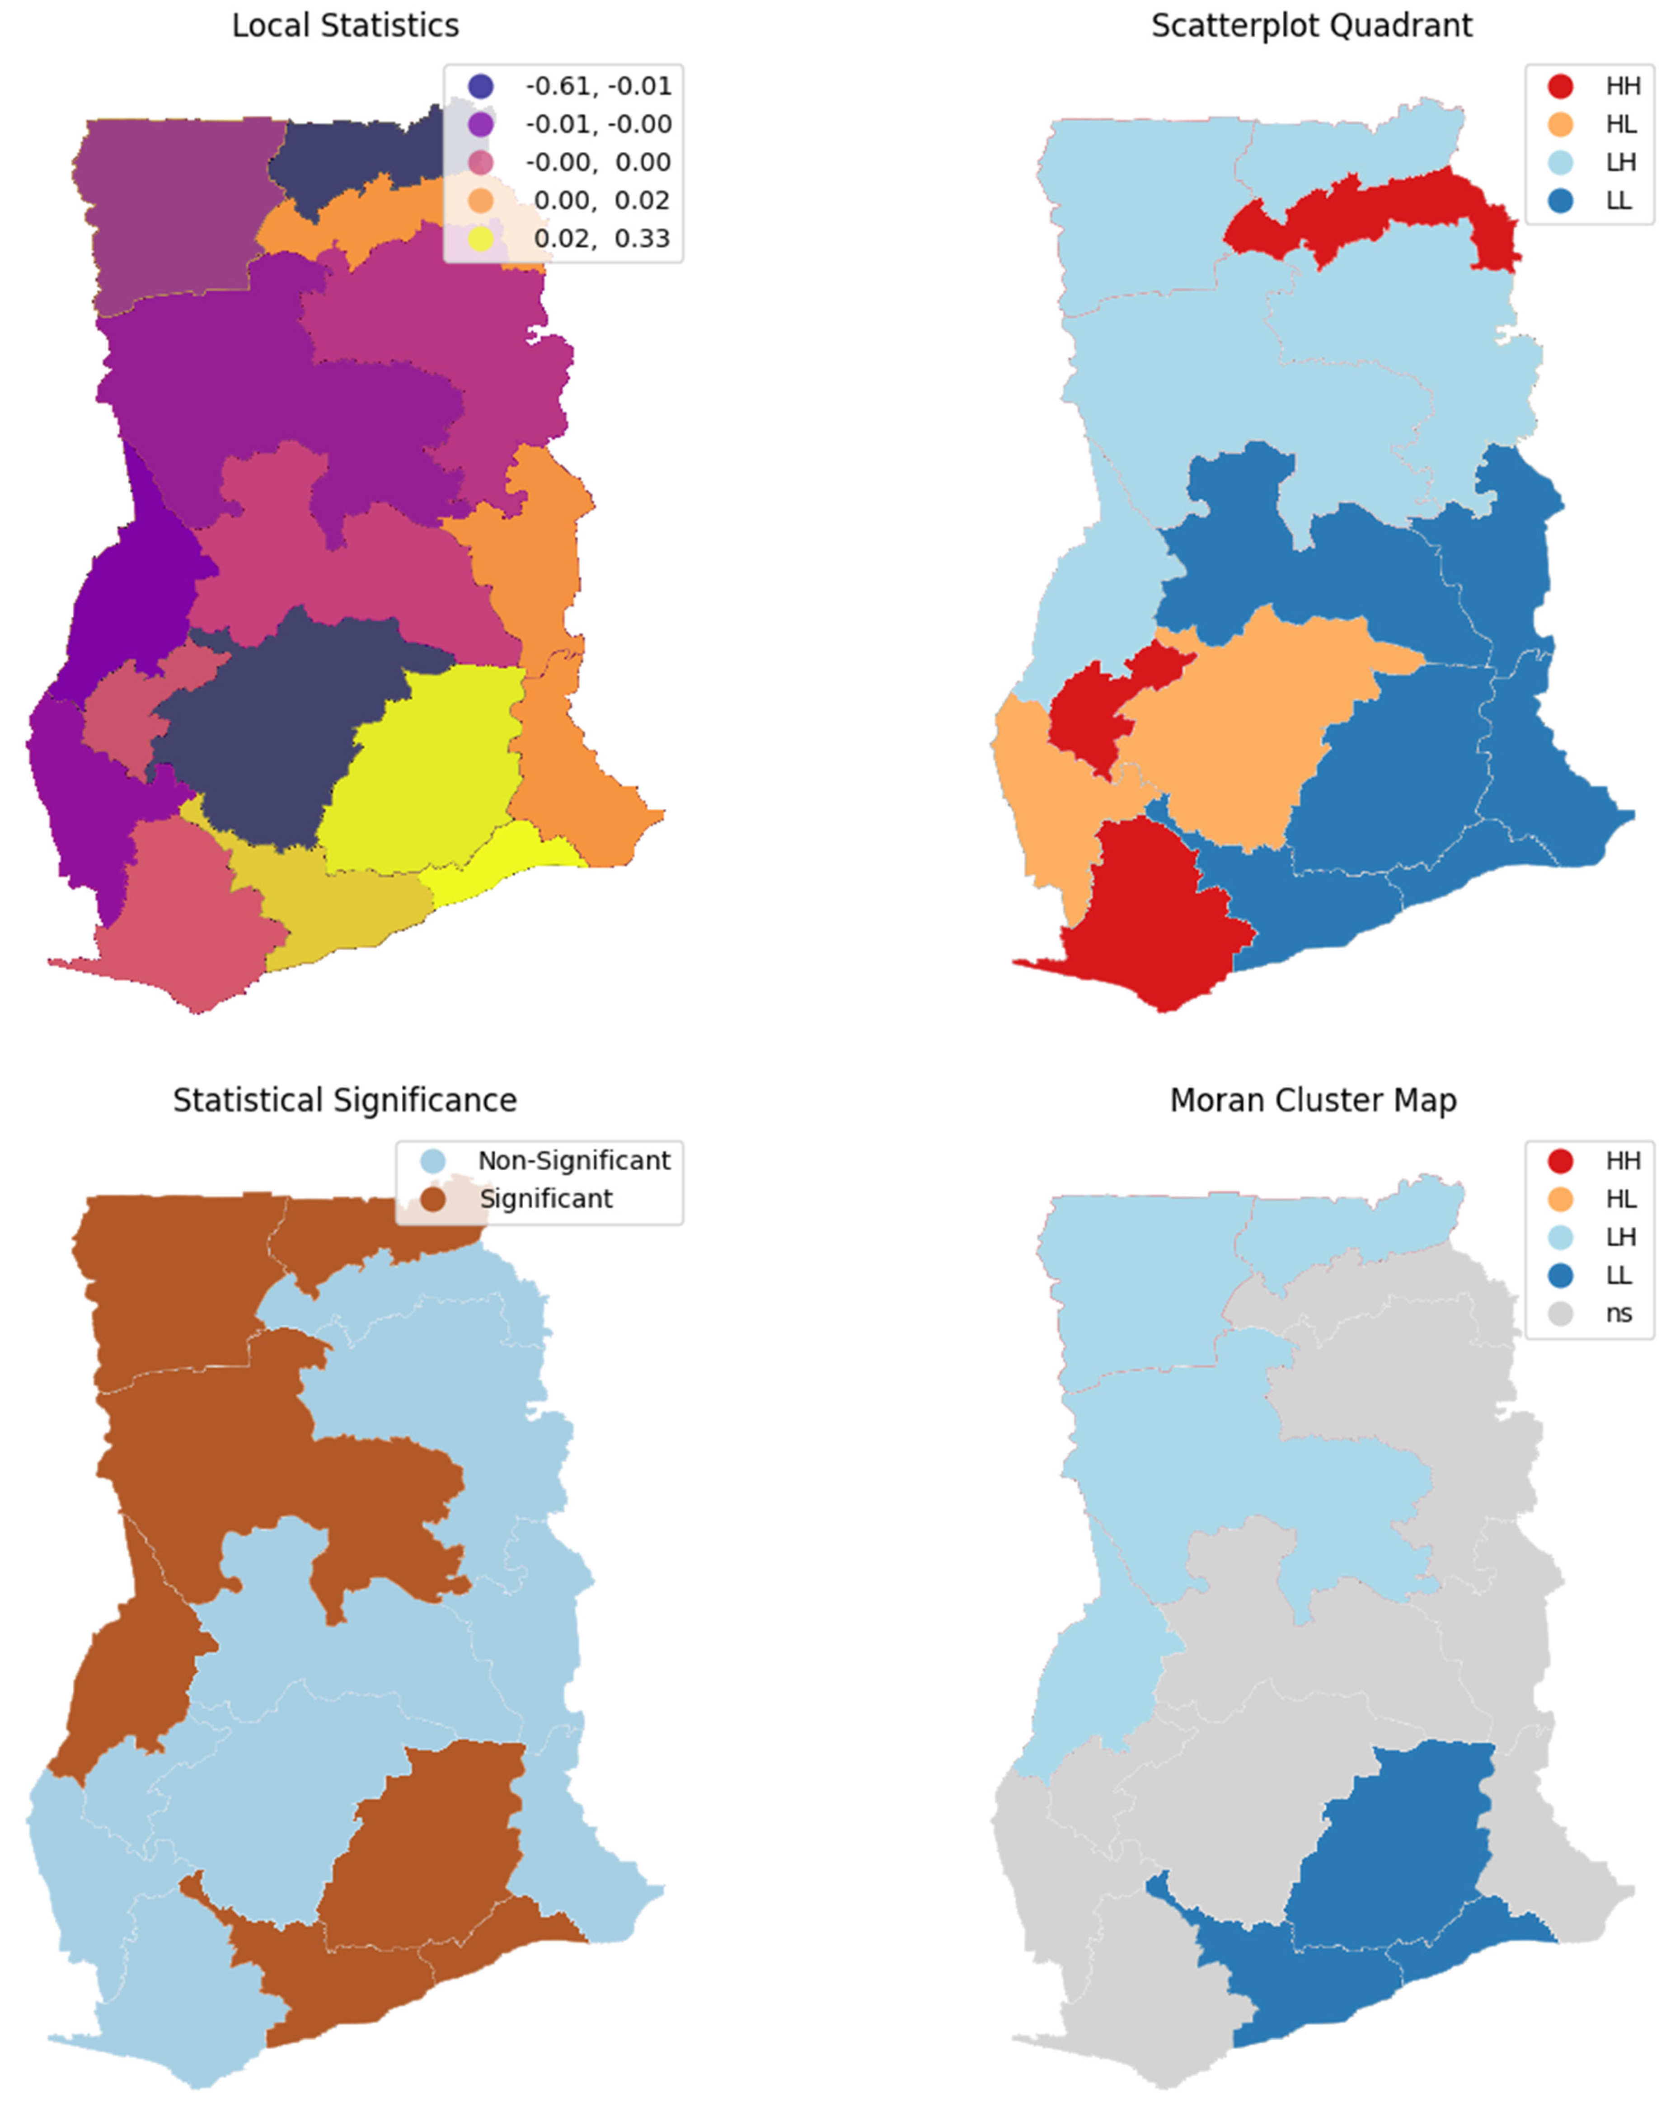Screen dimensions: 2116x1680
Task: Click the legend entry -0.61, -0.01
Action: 598,86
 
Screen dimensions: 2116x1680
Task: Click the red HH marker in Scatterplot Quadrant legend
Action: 1560,86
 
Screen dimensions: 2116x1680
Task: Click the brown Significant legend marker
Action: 433,1198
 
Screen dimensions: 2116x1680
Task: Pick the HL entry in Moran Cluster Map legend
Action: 1620,1198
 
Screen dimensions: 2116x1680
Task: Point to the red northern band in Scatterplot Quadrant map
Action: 1394,211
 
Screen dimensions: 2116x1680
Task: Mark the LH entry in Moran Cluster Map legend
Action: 1620,1237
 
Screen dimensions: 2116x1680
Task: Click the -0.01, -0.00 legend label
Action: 598,125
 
